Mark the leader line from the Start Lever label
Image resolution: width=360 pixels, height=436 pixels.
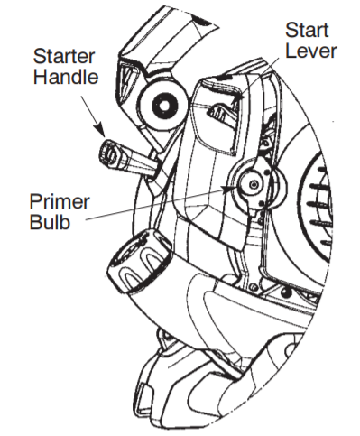click(271, 72)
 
